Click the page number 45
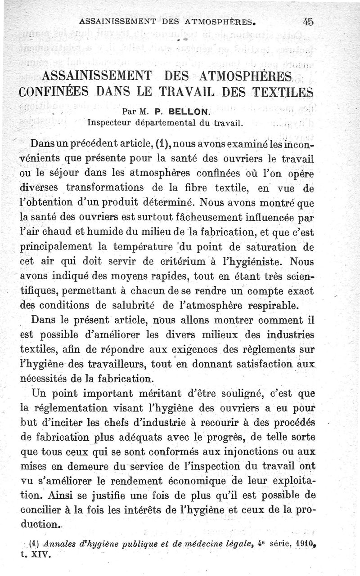308,21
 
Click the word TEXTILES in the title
281,92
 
